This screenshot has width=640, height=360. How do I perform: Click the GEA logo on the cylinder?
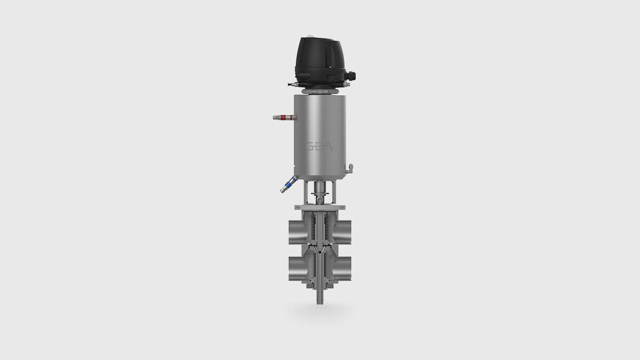318,147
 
